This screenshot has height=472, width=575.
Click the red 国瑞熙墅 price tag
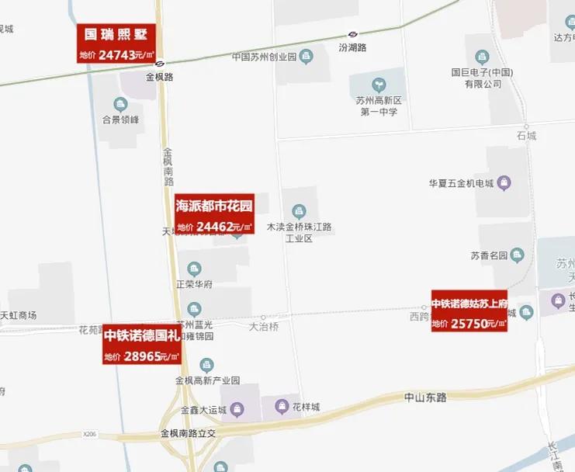coord(116,44)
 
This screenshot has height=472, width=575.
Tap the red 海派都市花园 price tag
coord(214,215)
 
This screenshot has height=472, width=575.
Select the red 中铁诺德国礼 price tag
coord(142,345)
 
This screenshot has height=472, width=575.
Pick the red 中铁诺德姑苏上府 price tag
coord(469,311)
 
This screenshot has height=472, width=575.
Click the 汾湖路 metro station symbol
coord(353,35)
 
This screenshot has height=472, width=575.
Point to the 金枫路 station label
coord(159,77)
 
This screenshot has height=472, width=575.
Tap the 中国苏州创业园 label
coord(265,57)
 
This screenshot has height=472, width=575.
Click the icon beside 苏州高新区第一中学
coord(378,84)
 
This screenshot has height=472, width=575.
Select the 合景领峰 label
coord(120,120)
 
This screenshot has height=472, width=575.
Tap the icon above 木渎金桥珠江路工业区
coord(299,210)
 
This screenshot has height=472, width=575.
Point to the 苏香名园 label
coord(489,255)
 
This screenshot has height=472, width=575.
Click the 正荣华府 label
coord(194,284)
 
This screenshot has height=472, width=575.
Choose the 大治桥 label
coord(263,328)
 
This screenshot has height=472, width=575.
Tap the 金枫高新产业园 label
coord(207,380)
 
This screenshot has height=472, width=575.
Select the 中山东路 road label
coord(425,397)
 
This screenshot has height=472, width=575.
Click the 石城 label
coord(526,136)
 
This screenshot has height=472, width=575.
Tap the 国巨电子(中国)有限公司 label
coord(483,78)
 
